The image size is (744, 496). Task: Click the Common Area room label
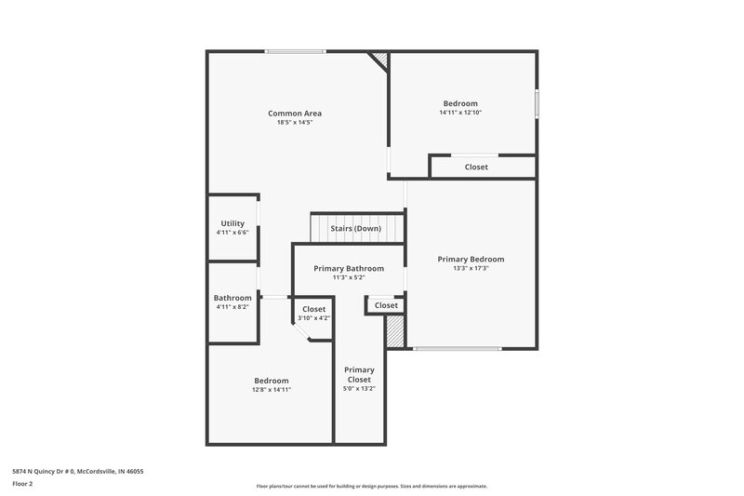tap(295, 113)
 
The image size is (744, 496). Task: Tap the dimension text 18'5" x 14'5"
tap(295, 123)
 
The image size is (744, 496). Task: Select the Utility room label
tap(232, 223)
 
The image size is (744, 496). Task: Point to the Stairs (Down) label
tap(356, 228)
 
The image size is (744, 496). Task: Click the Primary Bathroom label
tap(349, 268)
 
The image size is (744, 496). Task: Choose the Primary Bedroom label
tap(472, 259)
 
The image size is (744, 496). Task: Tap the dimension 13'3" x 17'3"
tap(472, 269)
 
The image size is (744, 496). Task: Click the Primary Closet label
tap(359, 374)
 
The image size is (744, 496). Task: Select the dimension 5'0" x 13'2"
tap(359, 390)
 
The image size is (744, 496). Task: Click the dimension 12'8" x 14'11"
tap(272, 390)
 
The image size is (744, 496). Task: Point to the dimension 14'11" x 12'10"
tap(460, 113)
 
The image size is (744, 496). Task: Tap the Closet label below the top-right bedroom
tap(476, 168)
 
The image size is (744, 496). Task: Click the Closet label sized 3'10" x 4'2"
tap(313, 309)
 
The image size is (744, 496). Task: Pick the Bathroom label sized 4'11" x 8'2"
tap(232, 298)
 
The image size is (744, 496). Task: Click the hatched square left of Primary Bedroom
tap(396, 331)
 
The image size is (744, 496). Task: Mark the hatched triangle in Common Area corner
tap(380, 59)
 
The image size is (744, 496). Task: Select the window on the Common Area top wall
tap(295, 51)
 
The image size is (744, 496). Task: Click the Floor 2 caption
tap(23, 485)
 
